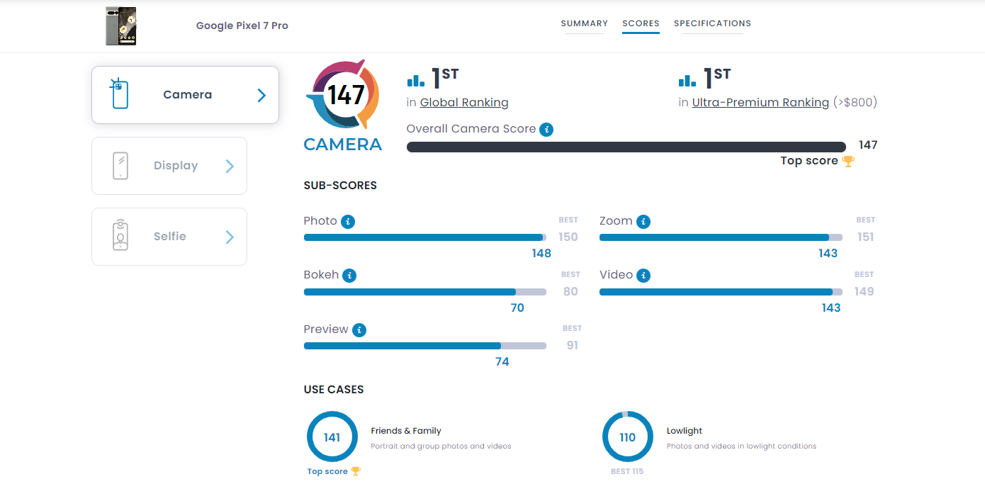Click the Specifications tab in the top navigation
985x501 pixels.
712,23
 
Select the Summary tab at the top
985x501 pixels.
584,23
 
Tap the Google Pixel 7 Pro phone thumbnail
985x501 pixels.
120,26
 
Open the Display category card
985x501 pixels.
169,166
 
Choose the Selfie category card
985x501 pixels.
169,237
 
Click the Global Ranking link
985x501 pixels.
464,103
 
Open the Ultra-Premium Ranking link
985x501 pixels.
760,103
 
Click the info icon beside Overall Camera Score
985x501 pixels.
546,129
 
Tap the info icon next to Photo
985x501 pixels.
347,221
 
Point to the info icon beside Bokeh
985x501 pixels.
349,276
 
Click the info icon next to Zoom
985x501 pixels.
643,221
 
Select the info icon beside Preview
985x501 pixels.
359,330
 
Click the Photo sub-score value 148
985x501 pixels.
541,254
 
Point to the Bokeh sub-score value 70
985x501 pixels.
517,308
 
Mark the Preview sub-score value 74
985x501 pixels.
502,362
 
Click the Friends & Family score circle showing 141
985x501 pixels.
332,437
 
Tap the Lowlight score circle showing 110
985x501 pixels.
628,437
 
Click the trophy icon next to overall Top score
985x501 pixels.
848,161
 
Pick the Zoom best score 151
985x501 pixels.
865,237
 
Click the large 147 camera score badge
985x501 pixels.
346,94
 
